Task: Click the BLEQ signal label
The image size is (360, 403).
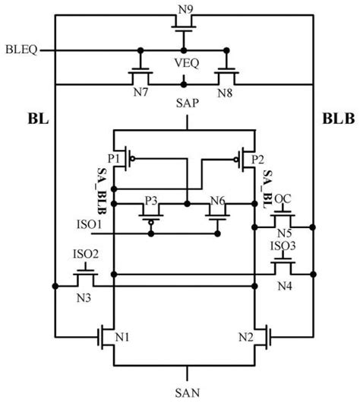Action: point(21,49)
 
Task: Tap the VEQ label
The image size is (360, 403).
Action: point(187,63)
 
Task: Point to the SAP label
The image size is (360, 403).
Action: point(187,103)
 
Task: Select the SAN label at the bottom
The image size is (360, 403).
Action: point(187,393)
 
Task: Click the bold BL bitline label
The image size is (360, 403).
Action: point(38,119)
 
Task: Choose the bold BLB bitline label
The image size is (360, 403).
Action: point(339,119)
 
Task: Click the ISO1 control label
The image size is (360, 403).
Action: point(90,224)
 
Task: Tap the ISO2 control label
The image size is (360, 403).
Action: point(86,254)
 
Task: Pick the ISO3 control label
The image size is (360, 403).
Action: point(283,246)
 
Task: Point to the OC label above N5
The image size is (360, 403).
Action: point(283,199)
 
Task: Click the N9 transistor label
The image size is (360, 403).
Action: point(185,10)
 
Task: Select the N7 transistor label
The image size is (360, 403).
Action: point(141,92)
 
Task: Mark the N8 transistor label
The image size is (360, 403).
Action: point(225,93)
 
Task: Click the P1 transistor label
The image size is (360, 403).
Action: point(113,159)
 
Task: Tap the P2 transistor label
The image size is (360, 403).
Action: point(257,160)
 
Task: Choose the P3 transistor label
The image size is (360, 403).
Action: point(151,201)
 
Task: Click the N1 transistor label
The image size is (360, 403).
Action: point(122,337)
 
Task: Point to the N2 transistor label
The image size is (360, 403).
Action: point(246,337)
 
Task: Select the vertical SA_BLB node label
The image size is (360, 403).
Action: point(102,191)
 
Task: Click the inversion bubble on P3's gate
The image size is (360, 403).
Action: point(151,223)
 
